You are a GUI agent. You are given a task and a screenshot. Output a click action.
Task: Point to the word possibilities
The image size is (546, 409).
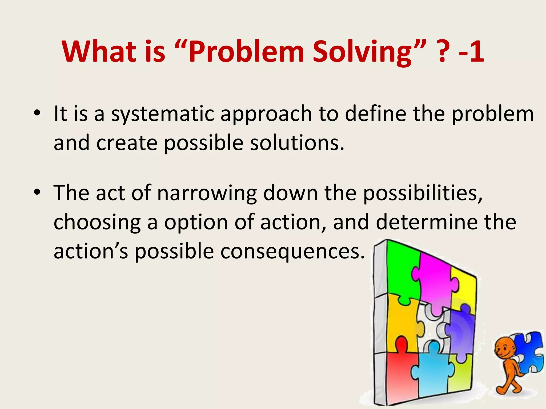(x=423, y=193)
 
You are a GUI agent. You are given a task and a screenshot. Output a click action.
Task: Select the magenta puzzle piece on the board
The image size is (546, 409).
(x=435, y=282)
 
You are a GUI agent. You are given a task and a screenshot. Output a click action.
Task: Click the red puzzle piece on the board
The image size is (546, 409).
(x=400, y=373)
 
